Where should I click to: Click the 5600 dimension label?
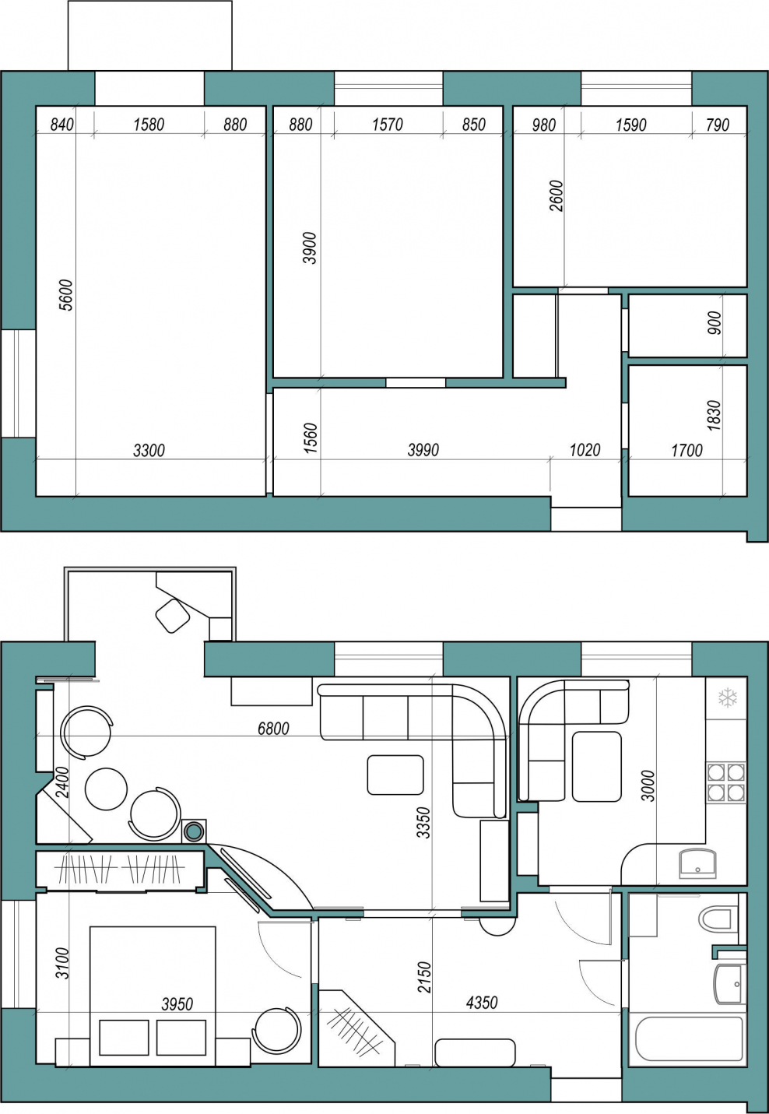66,295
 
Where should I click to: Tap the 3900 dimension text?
310,248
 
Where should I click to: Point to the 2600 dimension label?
557,196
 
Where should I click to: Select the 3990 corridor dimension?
423,450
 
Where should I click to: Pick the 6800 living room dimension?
273,729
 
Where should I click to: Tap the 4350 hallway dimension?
482,1003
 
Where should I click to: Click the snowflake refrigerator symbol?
728,698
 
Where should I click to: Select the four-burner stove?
726,783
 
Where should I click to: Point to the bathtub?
687,1039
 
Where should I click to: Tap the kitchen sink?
697,864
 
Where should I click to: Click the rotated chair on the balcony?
173,616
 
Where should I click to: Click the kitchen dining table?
596,766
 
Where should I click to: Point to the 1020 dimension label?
585,450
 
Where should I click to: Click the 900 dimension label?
714,323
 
